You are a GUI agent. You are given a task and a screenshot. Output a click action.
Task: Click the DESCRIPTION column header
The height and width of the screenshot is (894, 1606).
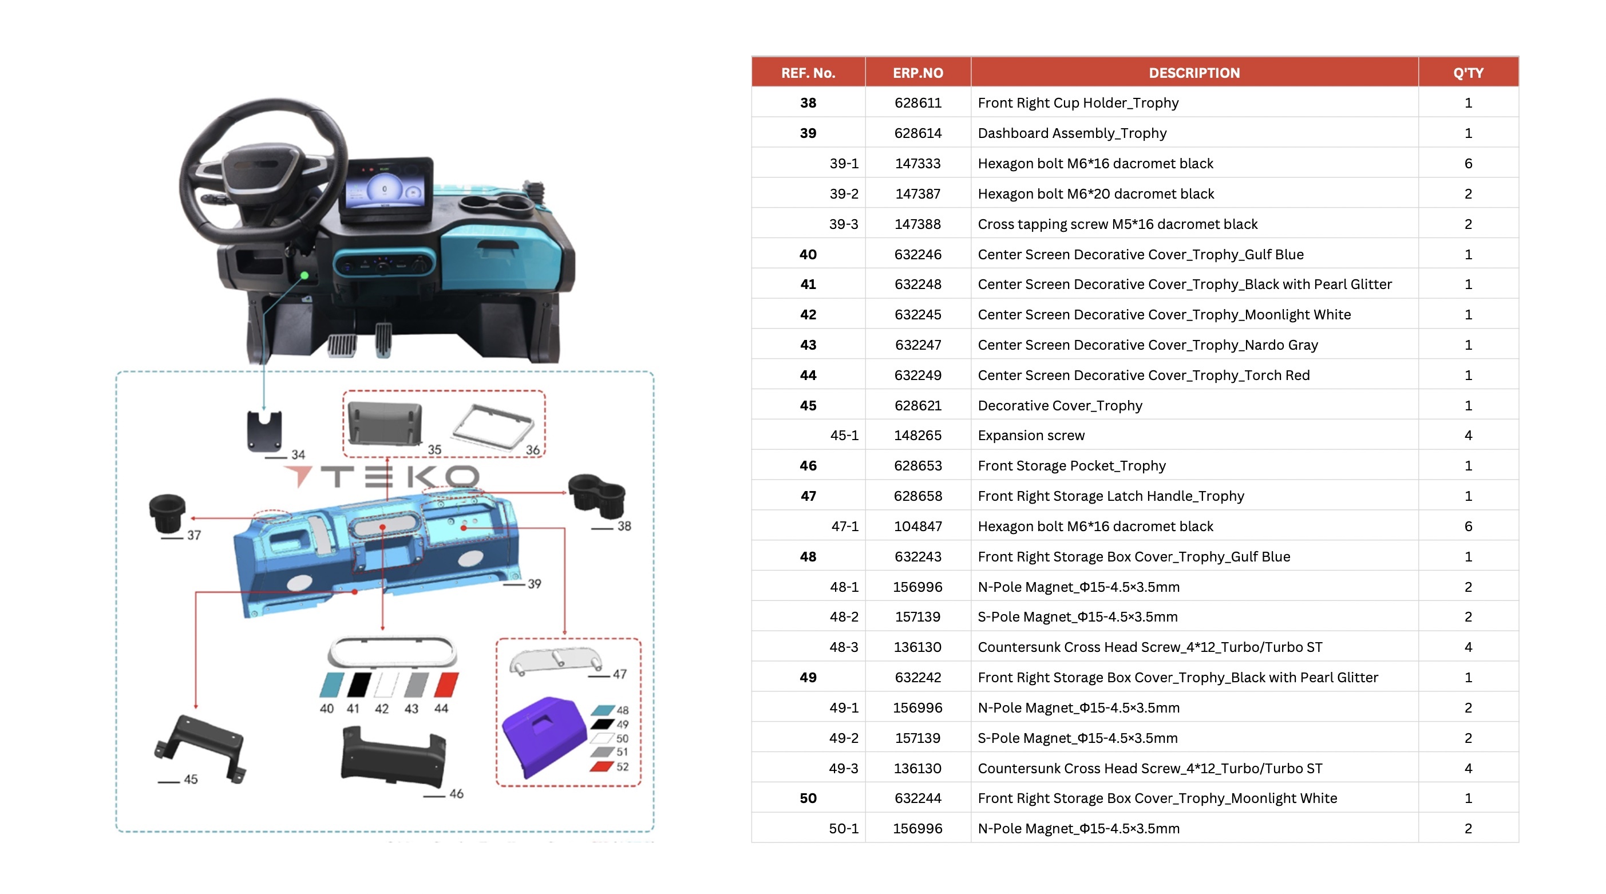pyautogui.click(x=1194, y=73)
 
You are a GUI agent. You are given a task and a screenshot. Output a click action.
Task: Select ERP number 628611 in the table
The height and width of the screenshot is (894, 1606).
pyautogui.click(x=917, y=103)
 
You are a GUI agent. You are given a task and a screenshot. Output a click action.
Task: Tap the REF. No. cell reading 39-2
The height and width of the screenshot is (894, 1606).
pyautogui.click(x=844, y=194)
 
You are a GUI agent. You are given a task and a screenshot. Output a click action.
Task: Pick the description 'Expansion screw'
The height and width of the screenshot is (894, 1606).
pyautogui.click(x=1031, y=435)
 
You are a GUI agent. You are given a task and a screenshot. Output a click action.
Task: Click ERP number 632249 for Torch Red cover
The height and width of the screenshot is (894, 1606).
pyautogui.click(x=917, y=375)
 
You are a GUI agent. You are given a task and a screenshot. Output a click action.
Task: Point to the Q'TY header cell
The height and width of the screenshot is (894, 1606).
pyautogui.click(x=1467, y=73)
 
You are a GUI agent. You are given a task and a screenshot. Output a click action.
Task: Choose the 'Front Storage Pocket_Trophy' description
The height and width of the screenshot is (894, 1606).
pyautogui.click(x=1071, y=466)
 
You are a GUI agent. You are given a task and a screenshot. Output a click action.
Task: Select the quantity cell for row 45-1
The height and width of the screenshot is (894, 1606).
pyautogui.click(x=1467, y=435)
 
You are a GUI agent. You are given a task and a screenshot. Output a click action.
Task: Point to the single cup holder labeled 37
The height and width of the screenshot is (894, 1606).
pyautogui.click(x=167, y=513)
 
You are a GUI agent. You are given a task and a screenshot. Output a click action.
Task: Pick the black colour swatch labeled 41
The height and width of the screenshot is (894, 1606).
pyautogui.click(x=358, y=684)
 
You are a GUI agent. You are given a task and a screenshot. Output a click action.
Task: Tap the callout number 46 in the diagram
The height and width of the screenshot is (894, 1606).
pyautogui.click(x=456, y=794)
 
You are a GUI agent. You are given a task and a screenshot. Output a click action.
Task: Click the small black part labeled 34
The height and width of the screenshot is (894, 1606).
pyautogui.click(x=264, y=430)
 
